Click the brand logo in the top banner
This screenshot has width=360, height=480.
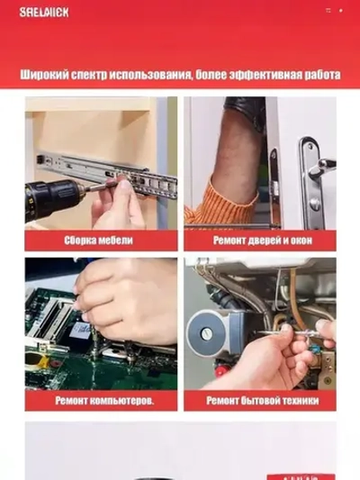(44, 12)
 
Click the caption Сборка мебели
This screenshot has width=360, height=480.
(99, 240)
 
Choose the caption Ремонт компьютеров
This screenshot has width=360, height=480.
(103, 400)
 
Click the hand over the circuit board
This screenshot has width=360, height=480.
(126, 302)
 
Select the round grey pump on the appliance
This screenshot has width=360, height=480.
(202, 329)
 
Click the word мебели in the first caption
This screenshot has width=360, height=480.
(116, 240)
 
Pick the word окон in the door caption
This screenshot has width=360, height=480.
(300, 240)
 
